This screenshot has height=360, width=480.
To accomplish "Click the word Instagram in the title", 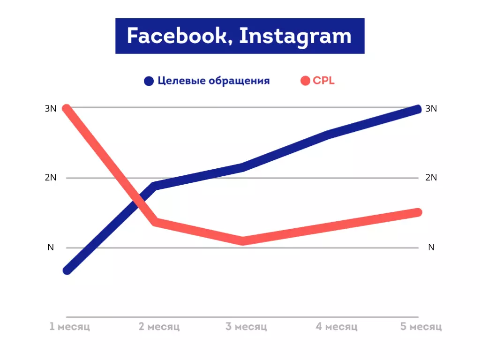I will point(295,36).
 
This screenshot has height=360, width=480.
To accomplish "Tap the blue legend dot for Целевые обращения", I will point(149,81).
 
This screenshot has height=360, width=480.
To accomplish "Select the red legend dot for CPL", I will point(305,81).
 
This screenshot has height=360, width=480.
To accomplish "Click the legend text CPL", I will point(324,81).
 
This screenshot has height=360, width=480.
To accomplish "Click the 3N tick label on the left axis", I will point(51,108).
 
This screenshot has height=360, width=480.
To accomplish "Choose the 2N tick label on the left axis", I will point(51,178).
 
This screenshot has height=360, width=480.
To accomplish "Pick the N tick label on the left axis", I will point(51,247).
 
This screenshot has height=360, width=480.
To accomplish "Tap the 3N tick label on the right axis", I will point(431,108).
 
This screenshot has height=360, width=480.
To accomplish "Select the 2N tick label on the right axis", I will point(431,178).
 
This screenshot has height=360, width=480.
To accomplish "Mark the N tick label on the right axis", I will point(431,247).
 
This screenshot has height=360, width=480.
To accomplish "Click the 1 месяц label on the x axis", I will point(70,326).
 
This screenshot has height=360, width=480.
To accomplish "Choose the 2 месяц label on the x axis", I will point(159,326).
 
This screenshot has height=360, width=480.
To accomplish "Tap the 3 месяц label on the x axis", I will point(246,326).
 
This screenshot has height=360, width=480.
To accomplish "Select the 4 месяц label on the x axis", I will point(337,326).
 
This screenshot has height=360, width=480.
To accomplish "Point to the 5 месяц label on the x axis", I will point(421,326).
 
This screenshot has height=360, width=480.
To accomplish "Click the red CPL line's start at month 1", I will point(67,109).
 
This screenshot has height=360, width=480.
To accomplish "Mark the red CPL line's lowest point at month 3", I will point(242,240).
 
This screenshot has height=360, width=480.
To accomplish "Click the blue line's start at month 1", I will point(67,270).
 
